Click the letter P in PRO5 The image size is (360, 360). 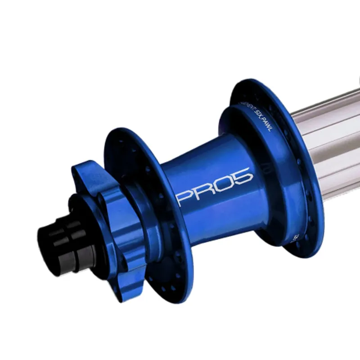pyautogui.click(x=186, y=195)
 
